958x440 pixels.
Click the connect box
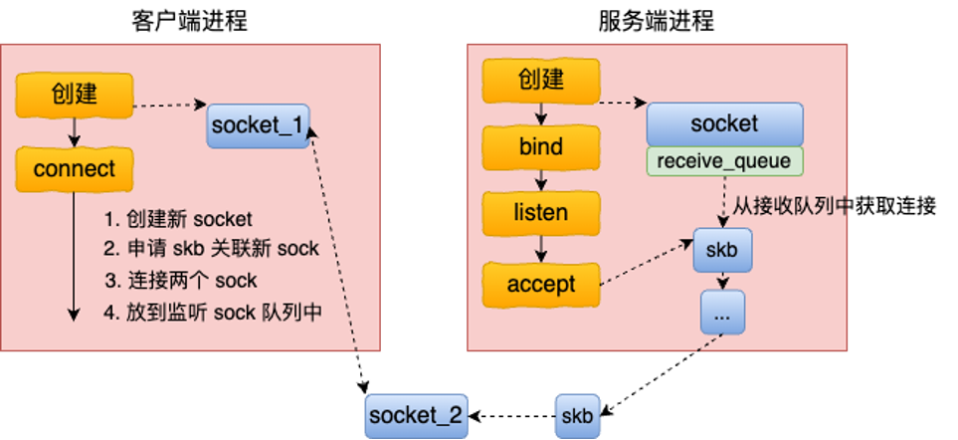tap(75, 169)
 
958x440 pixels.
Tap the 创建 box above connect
tap(75, 95)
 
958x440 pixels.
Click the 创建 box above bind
tap(541, 81)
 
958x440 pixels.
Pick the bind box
tap(541, 147)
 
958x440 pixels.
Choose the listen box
tap(541, 213)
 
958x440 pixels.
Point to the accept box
tap(541, 285)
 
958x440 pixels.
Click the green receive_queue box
tap(724, 161)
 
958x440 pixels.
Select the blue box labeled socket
tap(724, 124)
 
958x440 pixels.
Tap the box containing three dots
tap(722, 314)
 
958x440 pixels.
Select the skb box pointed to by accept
tap(722, 250)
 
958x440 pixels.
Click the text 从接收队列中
tap(790, 206)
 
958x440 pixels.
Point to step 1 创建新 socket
tap(178, 219)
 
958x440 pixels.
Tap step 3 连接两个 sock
tap(180, 280)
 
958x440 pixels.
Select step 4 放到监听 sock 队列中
tap(213, 311)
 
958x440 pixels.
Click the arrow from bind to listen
tap(541, 180)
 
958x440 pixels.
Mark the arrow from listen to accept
tap(541, 248)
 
